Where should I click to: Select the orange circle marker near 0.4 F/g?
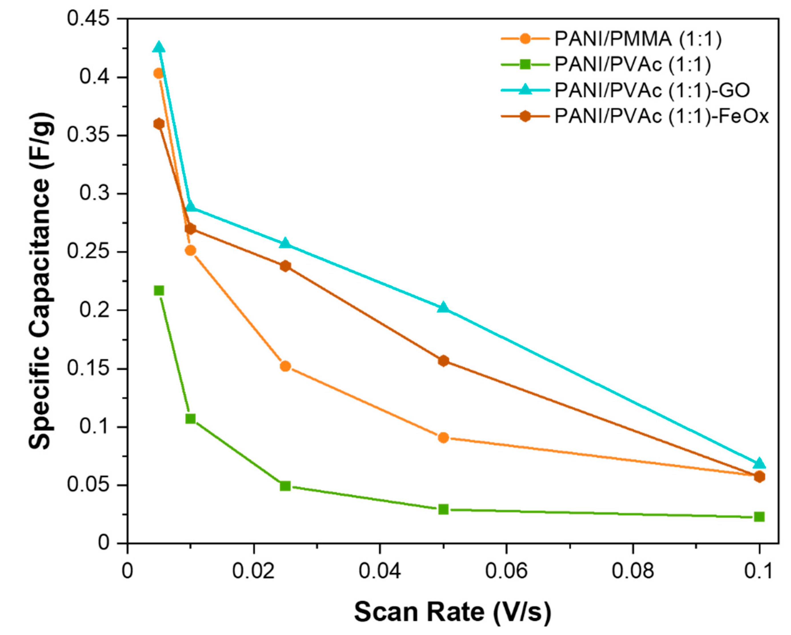[x=159, y=73]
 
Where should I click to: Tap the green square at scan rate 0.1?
[x=759, y=517]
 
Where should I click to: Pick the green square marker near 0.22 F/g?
[x=159, y=291]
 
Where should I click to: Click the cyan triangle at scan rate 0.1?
[x=759, y=463]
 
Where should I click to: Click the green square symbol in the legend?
[x=525, y=65]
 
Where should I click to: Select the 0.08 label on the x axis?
[x=632, y=571]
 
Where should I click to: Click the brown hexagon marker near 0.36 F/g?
[x=159, y=124]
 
